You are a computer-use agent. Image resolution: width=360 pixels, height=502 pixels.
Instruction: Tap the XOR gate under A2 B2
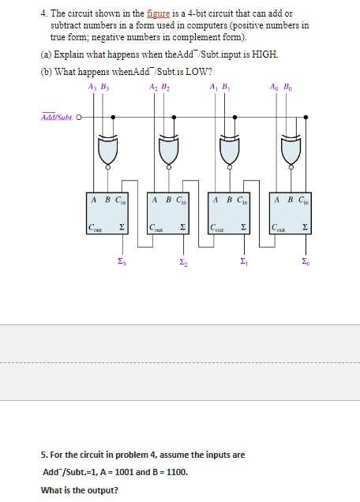point(170,150)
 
